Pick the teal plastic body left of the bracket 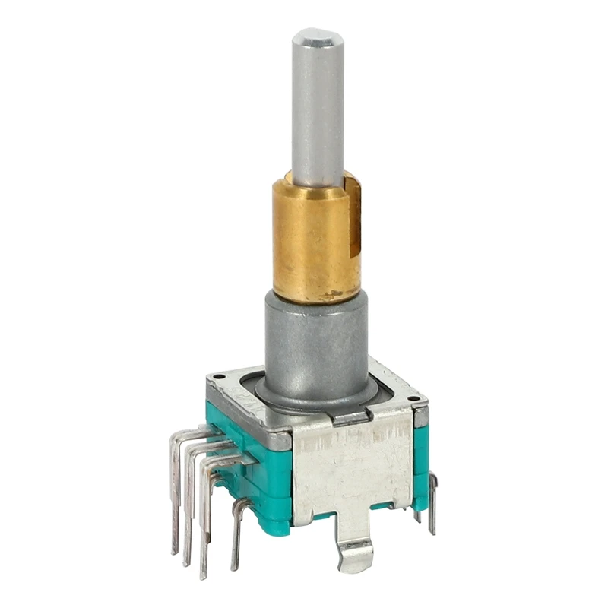coord(258,479)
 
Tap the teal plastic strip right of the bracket coord(420,464)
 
